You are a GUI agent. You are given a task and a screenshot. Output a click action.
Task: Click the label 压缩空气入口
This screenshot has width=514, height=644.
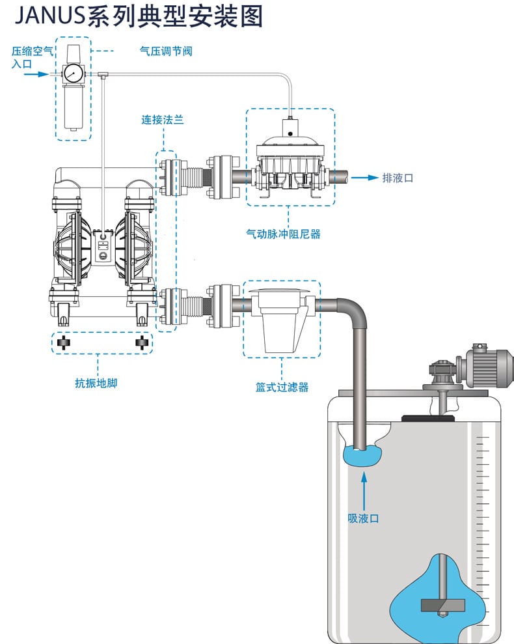point(31,57)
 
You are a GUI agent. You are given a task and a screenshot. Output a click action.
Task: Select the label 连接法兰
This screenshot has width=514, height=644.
point(163,120)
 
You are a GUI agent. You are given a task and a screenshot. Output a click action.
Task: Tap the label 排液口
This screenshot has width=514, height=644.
point(398,177)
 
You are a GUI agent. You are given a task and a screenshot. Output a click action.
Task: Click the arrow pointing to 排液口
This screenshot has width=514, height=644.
point(366,177)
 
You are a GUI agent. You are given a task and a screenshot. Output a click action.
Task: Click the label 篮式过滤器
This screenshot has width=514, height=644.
point(282,387)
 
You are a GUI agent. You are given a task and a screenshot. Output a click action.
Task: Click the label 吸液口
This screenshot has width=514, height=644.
point(363,518)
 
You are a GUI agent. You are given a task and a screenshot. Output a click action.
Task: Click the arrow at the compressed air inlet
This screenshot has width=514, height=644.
point(38,74)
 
